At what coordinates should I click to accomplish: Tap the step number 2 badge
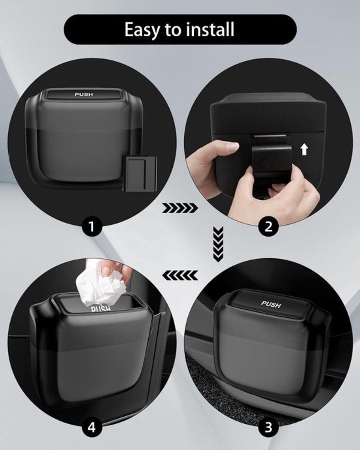pyautogui.click(x=268, y=226)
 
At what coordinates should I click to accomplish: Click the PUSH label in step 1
pyautogui.click(x=84, y=94)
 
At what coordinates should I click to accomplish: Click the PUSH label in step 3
pyautogui.click(x=271, y=304)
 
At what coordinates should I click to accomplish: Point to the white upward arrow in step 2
pyautogui.click(x=304, y=150)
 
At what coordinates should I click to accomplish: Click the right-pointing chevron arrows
pyautogui.click(x=180, y=208)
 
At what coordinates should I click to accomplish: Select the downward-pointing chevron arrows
pyautogui.click(x=218, y=244)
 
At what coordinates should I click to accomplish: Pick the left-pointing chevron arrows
pyautogui.click(x=180, y=275)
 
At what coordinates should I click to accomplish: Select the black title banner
pyautogui.click(x=180, y=29)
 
